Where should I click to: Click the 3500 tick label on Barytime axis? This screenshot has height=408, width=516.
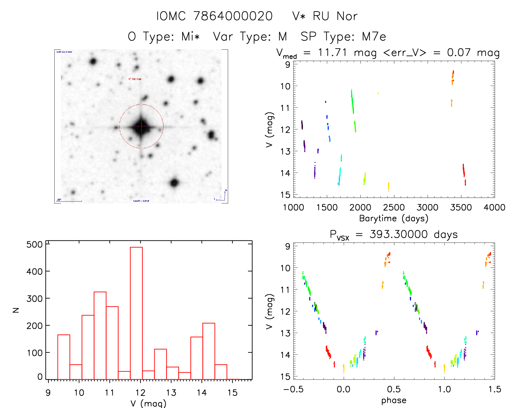click(461, 208)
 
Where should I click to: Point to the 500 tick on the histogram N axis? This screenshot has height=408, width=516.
click(34, 244)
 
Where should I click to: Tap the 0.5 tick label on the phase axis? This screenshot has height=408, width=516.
click(394, 389)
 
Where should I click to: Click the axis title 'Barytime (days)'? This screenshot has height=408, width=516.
click(394, 218)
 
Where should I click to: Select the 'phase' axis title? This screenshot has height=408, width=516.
click(394, 400)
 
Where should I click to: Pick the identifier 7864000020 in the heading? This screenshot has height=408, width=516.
click(233, 16)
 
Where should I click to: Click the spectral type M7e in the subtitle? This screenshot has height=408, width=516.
click(374, 37)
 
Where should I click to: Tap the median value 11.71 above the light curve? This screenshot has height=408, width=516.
click(332, 52)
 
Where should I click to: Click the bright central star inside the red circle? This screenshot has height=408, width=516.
click(141, 126)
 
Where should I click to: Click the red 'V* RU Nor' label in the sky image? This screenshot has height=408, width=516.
click(135, 79)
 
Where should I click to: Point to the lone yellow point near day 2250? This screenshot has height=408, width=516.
click(378, 93)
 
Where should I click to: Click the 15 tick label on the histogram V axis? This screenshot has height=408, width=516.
click(232, 393)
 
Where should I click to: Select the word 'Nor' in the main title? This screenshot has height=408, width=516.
click(347, 16)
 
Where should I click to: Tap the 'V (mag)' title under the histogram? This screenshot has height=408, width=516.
click(148, 403)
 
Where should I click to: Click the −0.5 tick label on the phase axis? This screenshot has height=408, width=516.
click(293, 389)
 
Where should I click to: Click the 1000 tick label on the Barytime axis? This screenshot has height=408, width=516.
click(293, 208)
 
